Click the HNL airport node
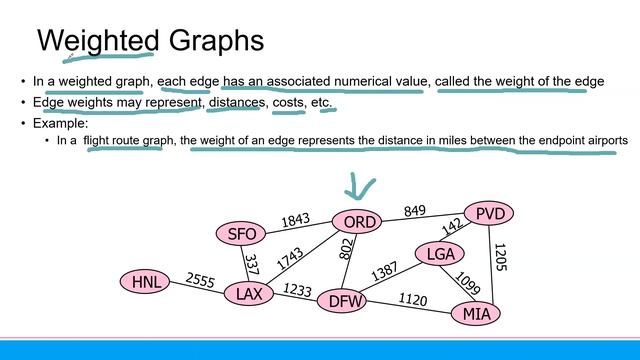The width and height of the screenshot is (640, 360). [x=147, y=282]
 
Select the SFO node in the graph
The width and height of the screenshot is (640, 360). [x=243, y=234]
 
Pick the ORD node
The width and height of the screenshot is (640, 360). [x=358, y=222]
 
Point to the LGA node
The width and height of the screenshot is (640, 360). [x=440, y=255]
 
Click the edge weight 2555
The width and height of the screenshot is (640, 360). [x=201, y=281]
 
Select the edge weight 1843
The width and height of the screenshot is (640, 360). [x=296, y=220]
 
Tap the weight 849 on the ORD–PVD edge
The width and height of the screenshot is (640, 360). [x=414, y=211]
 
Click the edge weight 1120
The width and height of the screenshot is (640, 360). [x=412, y=299]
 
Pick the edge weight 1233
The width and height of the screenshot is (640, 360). [x=296, y=290]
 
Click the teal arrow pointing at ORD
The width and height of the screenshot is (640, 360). [x=358, y=187]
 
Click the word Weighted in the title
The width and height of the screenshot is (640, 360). [x=98, y=41]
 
